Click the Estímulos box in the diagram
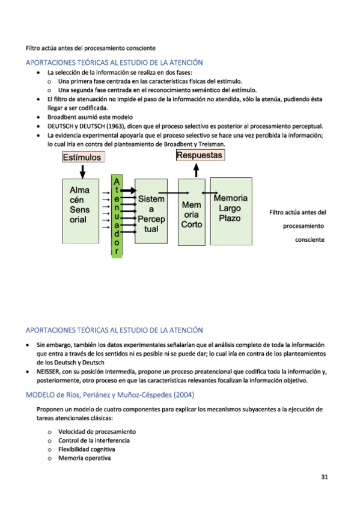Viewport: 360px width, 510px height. click(x=84, y=157)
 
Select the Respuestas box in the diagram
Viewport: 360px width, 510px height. click(x=199, y=155)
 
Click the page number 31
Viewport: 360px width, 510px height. click(x=325, y=478)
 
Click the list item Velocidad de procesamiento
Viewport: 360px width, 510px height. click(x=97, y=431)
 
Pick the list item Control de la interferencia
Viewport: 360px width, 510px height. click(x=94, y=440)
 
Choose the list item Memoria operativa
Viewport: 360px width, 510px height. click(x=84, y=458)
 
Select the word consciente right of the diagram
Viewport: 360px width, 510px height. click(x=310, y=240)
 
